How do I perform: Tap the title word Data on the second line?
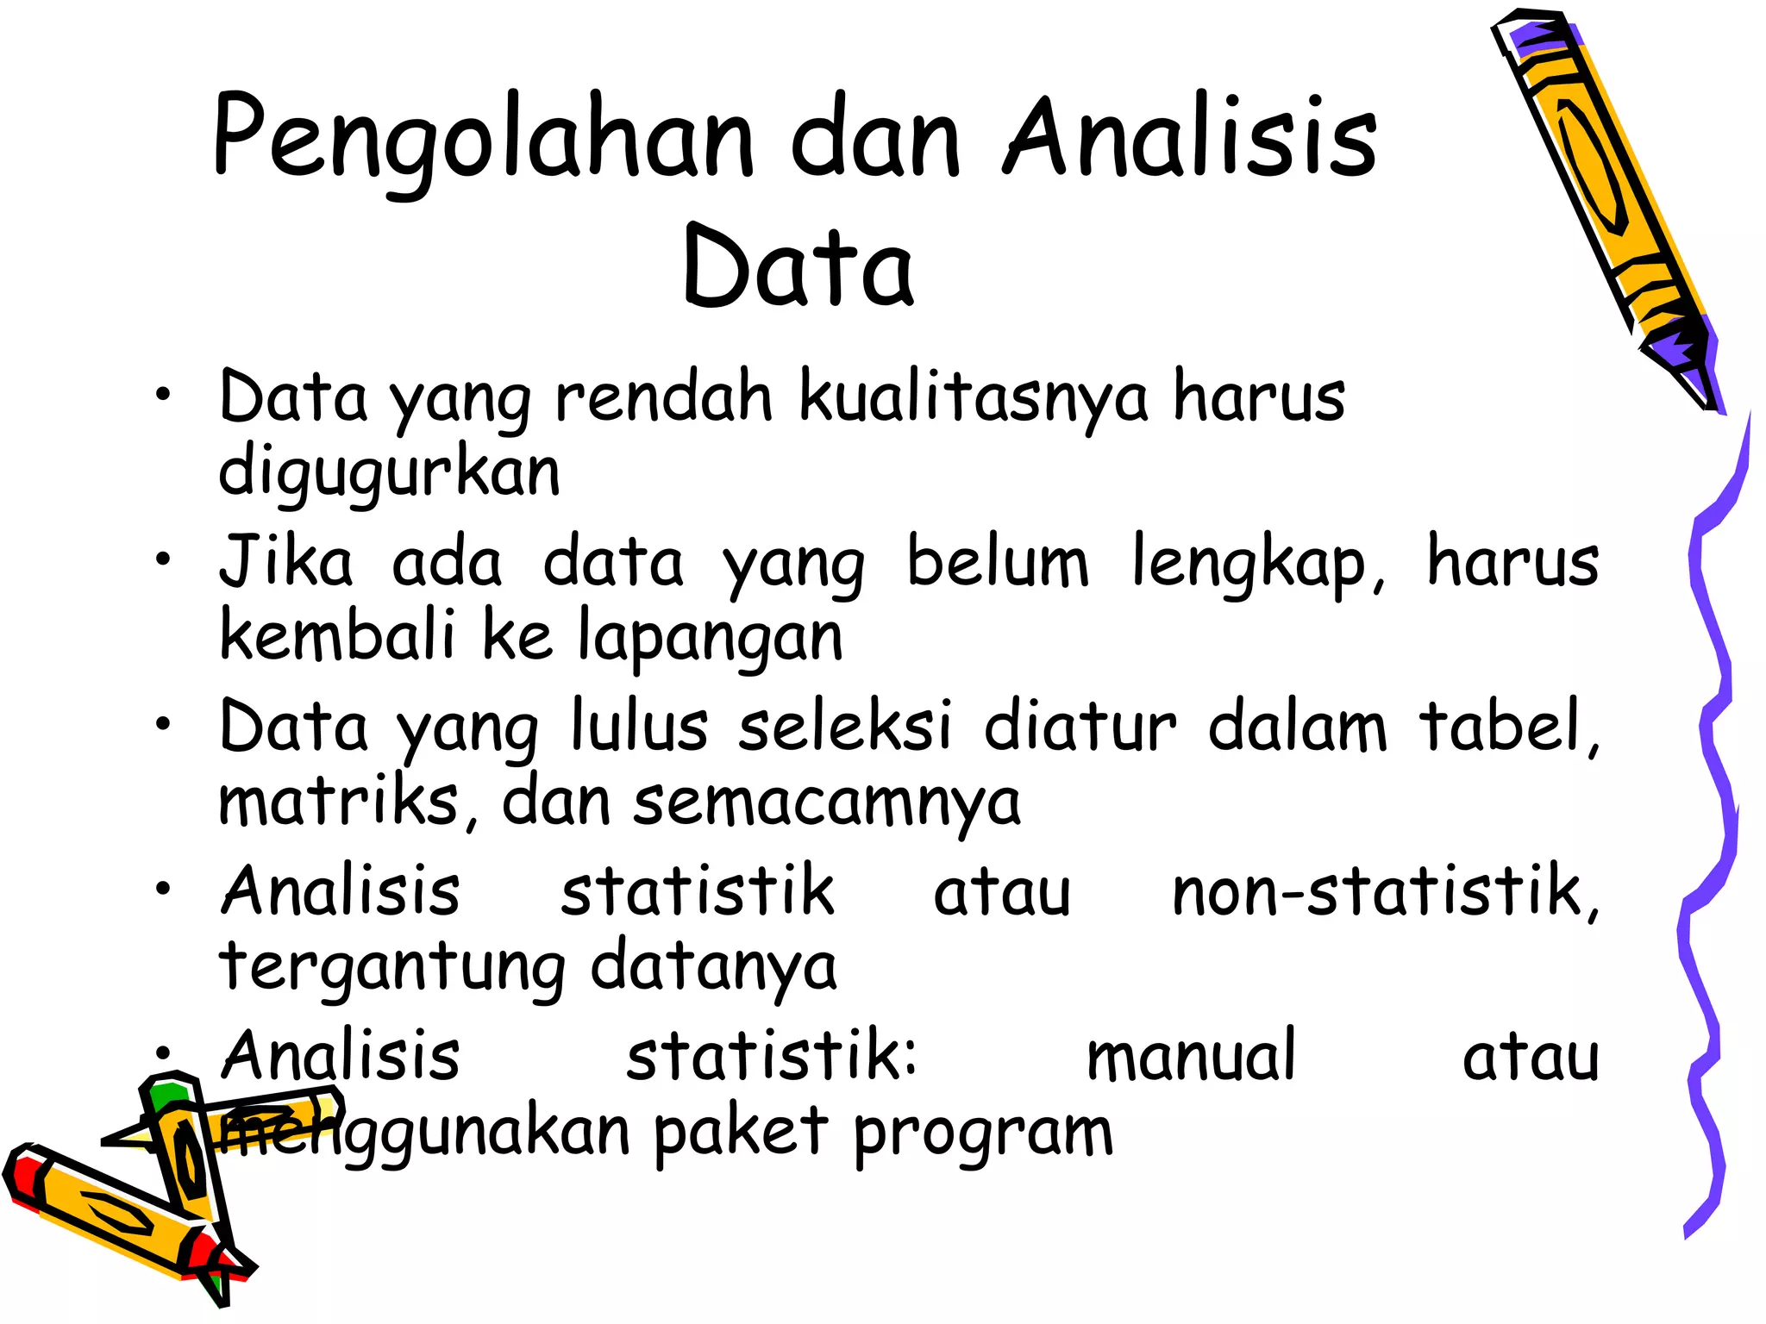pyautogui.click(x=798, y=267)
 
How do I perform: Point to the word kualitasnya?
pyautogui.click(x=974, y=398)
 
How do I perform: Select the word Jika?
pyautogui.click(x=285, y=562)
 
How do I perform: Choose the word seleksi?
pyautogui.click(x=845, y=727)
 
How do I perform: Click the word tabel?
pyautogui.click(x=1509, y=727)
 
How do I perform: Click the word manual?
pyautogui.click(x=1191, y=1056)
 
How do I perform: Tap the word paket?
pyautogui.click(x=741, y=1132)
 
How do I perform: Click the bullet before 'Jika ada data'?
pyautogui.click(x=163, y=560)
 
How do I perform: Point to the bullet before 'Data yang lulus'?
pyautogui.click(x=163, y=725)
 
